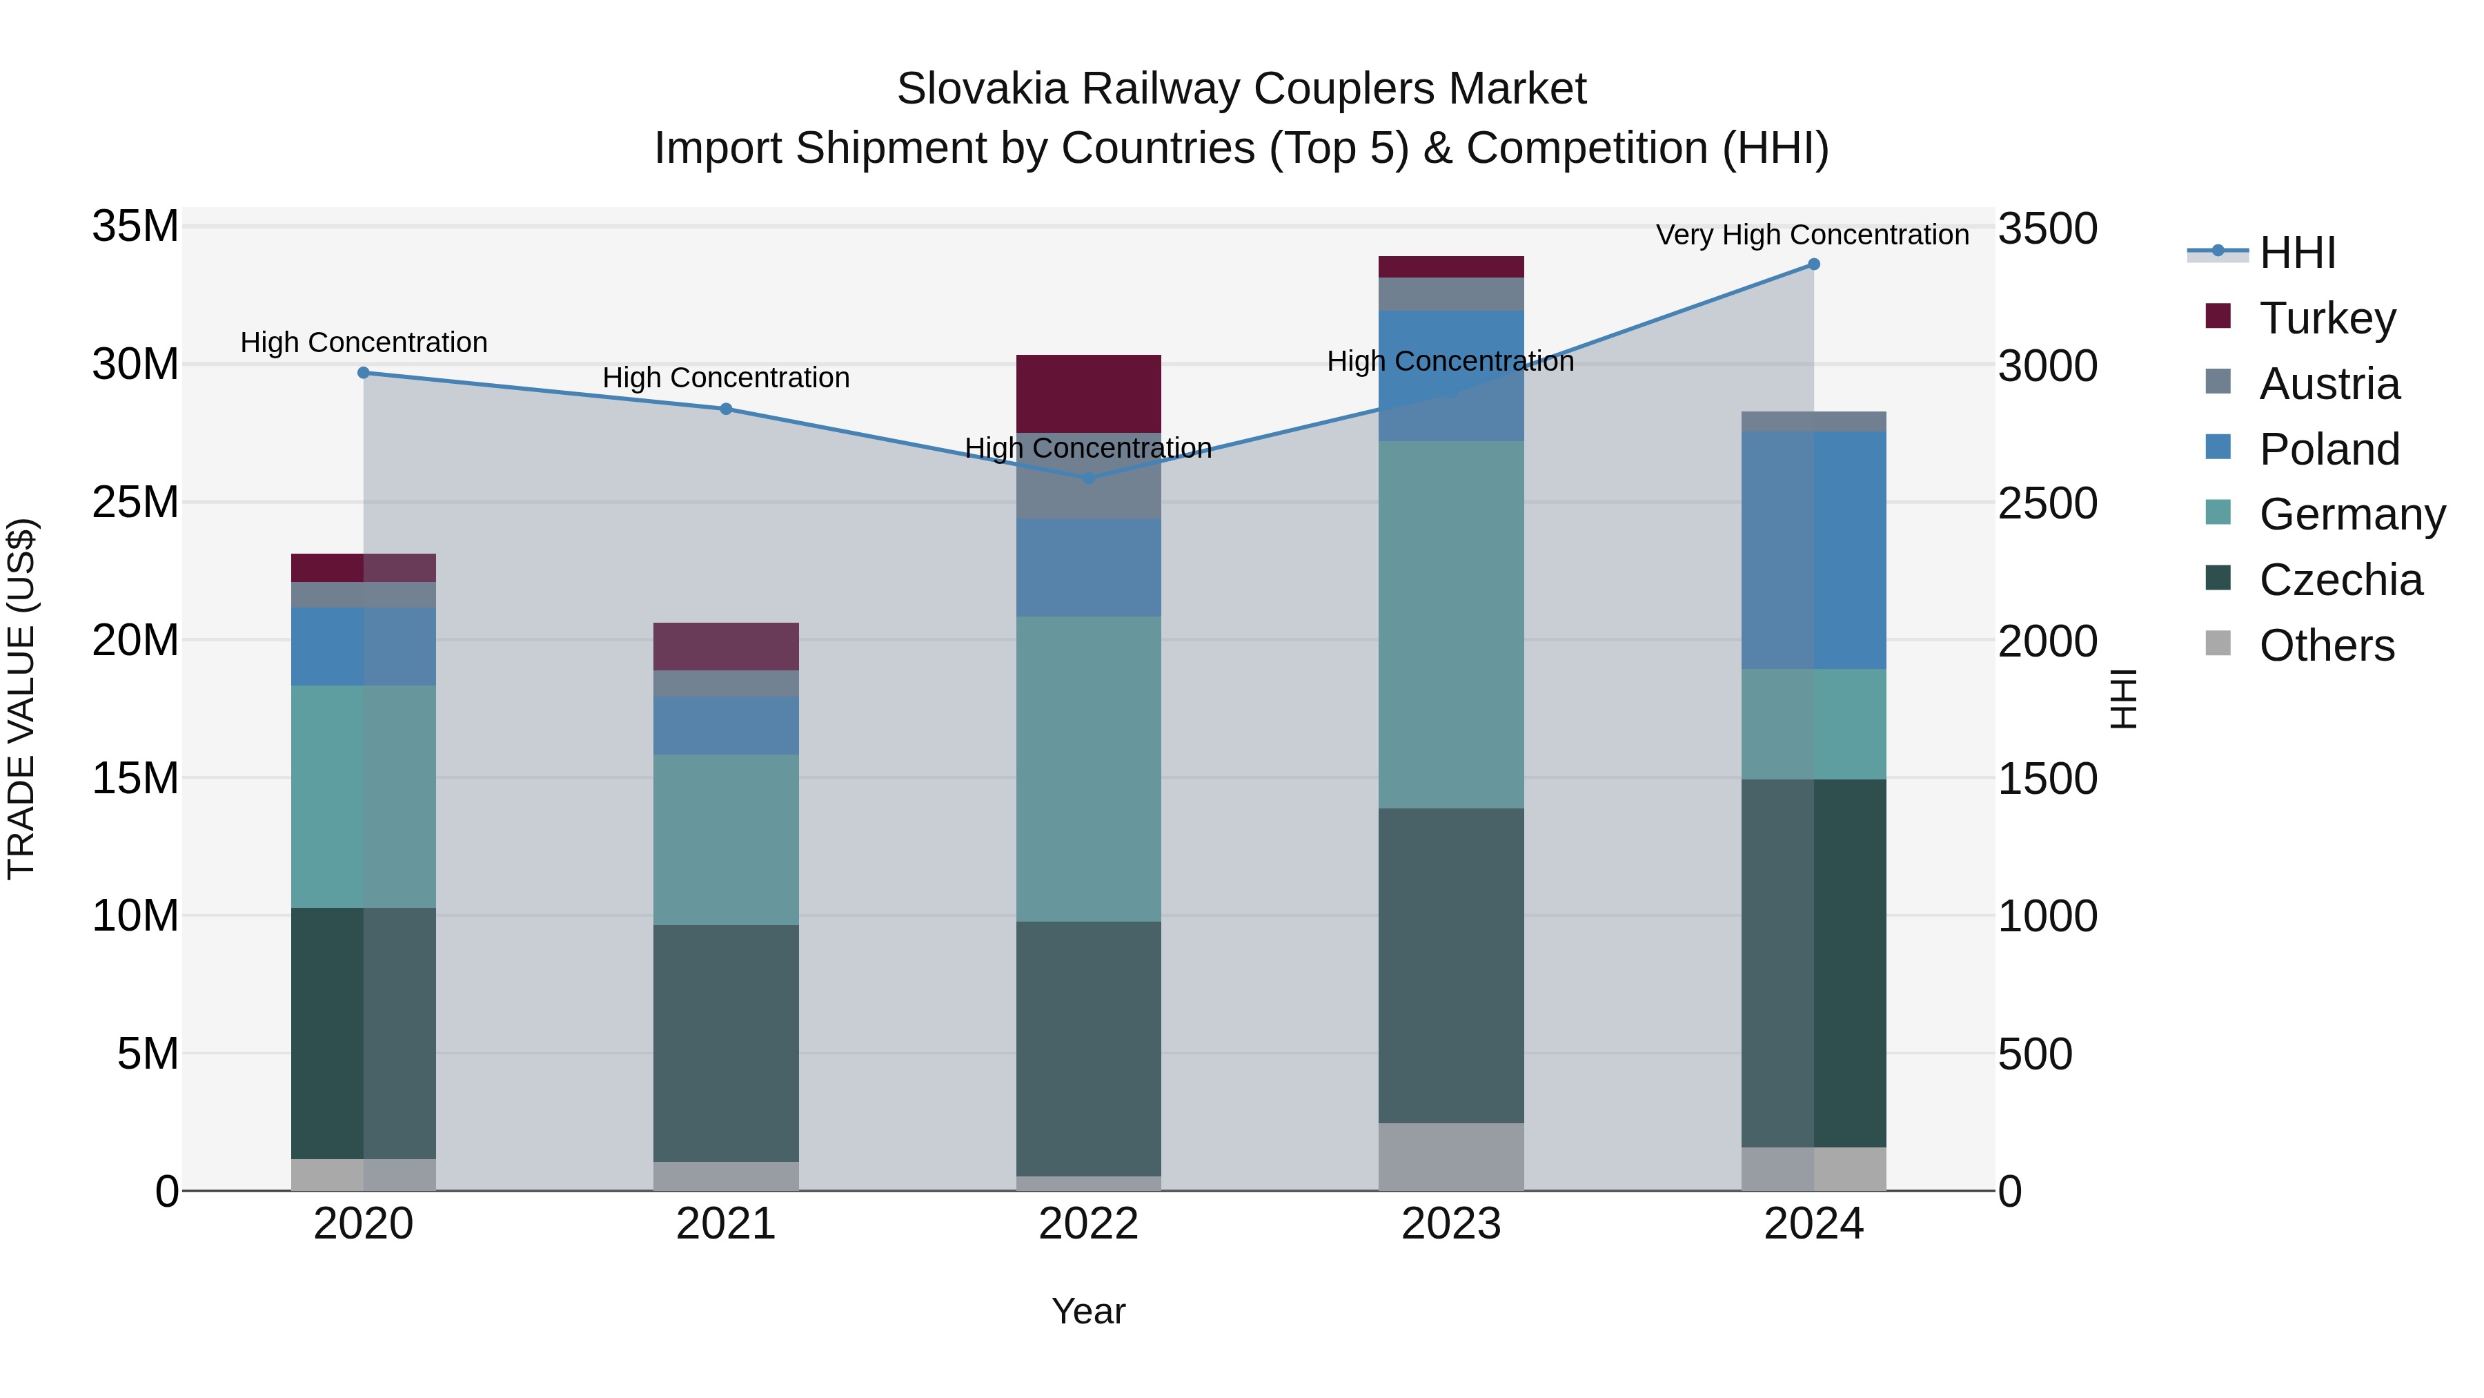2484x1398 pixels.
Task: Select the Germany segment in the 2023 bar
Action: coord(1450,624)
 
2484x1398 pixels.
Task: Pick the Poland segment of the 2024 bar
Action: coord(1813,550)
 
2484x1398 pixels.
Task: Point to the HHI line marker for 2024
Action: coord(1813,264)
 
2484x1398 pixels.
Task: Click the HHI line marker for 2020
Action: coord(364,372)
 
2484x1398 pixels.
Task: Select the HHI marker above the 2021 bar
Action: coord(725,409)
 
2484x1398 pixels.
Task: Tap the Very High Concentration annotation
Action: coord(1811,235)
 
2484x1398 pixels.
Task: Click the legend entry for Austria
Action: coord(2328,383)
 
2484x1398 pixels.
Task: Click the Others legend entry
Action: coord(2326,645)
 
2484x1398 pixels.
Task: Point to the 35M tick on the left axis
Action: coord(135,226)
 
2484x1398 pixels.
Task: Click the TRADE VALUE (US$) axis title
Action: coord(21,699)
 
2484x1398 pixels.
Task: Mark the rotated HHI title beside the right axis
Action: coord(2123,699)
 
